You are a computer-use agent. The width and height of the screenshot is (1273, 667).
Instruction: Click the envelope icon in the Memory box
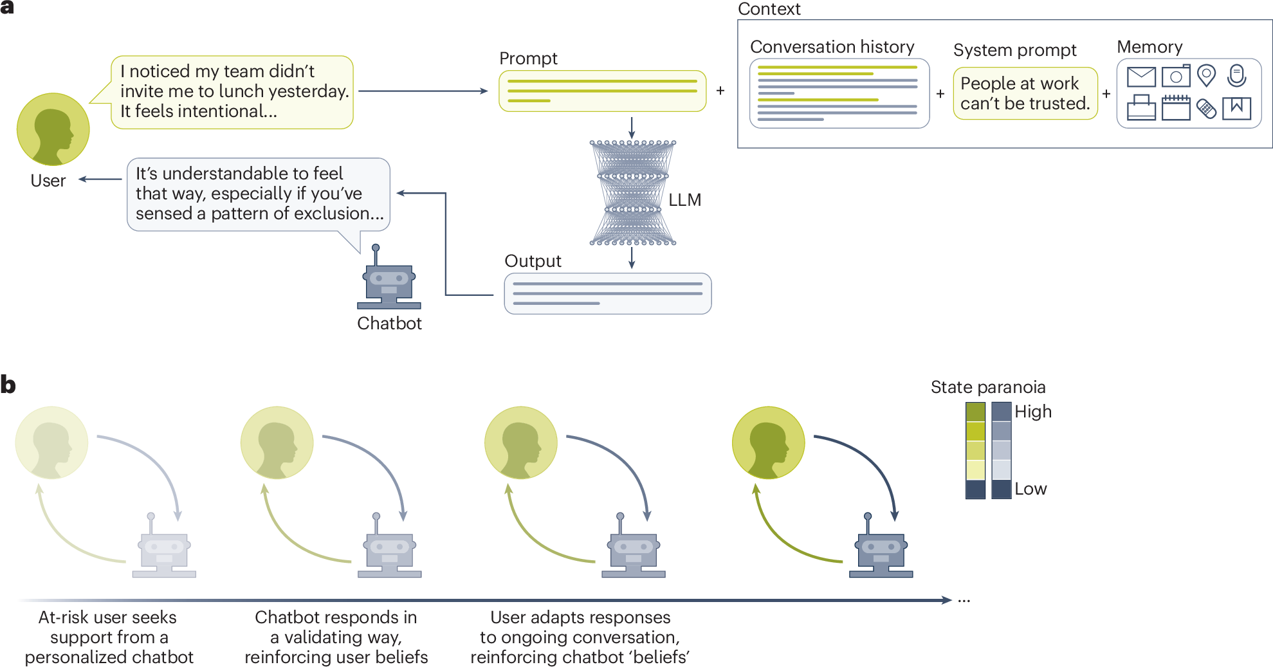1141,77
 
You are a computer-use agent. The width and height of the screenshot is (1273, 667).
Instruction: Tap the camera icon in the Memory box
1175,77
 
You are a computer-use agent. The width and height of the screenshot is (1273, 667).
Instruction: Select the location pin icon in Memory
1206,76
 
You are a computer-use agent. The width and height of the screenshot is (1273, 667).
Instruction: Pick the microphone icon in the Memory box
1236,76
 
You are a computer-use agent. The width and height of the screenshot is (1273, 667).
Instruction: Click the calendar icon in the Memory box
1175,107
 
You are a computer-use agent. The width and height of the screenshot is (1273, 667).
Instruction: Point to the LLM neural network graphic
632,193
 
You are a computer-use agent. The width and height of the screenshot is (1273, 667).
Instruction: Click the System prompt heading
1014,50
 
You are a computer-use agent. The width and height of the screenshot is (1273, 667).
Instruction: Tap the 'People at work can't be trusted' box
1025,93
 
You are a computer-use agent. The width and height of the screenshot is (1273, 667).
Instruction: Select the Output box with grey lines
607,293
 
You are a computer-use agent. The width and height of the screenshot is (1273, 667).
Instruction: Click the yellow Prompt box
602,91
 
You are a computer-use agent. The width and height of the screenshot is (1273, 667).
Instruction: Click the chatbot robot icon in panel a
389,281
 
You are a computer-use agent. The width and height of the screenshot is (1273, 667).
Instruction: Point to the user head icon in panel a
53,129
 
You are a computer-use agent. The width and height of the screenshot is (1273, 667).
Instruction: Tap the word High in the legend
1032,412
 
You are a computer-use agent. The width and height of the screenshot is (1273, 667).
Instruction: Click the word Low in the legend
1030,489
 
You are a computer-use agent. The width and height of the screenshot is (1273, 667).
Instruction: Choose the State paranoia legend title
987,387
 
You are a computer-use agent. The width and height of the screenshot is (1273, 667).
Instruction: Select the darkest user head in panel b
768,443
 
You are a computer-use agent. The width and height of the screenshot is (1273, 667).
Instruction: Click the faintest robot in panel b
164,550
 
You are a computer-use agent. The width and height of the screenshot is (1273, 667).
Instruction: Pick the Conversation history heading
832,47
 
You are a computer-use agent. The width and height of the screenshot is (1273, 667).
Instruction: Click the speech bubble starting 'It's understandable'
258,194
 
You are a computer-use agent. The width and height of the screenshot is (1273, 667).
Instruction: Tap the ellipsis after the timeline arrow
964,600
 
